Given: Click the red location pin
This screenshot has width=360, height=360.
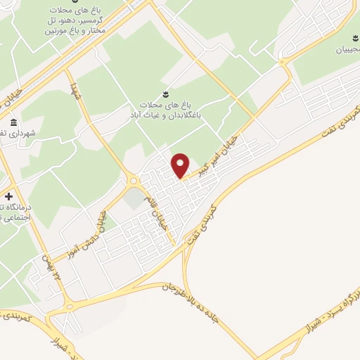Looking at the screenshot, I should point(181,165).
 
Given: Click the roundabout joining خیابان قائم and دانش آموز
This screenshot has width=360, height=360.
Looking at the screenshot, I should point(133,180).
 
